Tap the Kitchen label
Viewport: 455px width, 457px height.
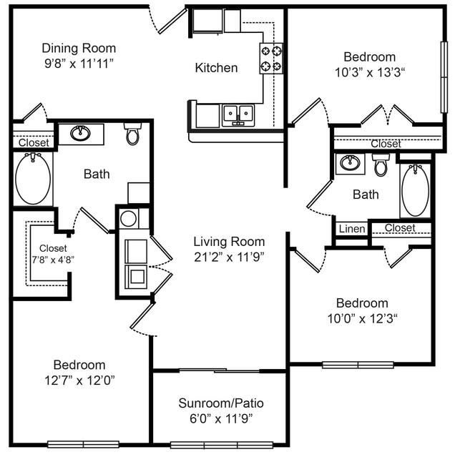216,68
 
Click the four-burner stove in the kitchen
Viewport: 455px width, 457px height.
270,59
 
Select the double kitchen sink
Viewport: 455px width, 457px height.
238,114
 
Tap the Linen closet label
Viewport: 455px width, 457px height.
351,229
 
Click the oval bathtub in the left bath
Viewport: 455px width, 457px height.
33,180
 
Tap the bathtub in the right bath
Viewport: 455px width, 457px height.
415,190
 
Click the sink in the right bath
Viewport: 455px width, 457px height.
350,162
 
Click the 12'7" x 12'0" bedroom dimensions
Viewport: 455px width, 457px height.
79,379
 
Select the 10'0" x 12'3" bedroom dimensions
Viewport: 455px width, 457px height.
362,317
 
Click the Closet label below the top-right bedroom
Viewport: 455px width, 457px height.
386,144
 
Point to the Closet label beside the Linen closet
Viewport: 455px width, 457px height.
399,228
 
